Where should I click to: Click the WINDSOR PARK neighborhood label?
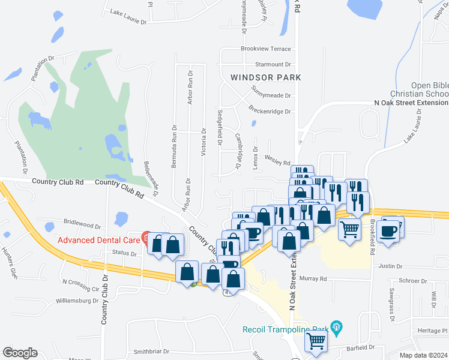click(x=265, y=77)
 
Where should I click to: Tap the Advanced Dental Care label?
click(x=98, y=240)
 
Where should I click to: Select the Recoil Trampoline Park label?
click(x=286, y=329)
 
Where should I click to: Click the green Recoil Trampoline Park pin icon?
click(x=336, y=327)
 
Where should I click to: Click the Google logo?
click(x=20, y=352)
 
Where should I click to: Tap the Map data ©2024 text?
click(x=424, y=355)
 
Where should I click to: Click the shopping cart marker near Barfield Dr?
click(x=316, y=341)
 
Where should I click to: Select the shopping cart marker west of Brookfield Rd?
click(x=350, y=228)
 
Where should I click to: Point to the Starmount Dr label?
click(x=273, y=64)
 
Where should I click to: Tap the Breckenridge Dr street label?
click(x=270, y=111)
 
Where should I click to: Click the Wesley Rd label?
click(x=278, y=163)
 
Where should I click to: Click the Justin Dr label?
click(x=390, y=266)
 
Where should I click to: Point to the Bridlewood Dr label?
click(x=82, y=225)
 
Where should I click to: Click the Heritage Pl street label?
click(x=433, y=331)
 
